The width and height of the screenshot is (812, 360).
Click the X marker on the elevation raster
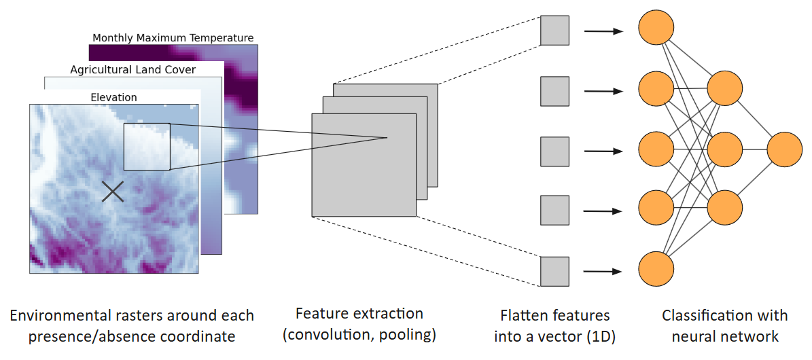[113, 192]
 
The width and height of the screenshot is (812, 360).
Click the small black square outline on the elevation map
[147, 147]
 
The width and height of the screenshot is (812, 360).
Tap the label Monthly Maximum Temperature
[173, 38]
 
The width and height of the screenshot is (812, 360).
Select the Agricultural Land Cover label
[133, 69]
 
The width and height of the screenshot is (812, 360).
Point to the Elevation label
[113, 97]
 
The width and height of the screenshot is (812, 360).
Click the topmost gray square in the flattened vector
[554, 31]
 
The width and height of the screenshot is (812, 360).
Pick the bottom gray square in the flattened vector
[554, 271]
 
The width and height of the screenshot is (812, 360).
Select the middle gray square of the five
[554, 151]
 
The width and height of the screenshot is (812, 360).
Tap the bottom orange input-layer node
[656, 268]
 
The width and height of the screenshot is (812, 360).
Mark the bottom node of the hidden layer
[724, 208]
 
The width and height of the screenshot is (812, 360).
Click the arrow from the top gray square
[603, 31]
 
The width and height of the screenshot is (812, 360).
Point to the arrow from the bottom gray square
[603, 271]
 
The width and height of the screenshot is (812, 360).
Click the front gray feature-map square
[364, 165]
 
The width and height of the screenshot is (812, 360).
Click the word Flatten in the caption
[524, 315]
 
